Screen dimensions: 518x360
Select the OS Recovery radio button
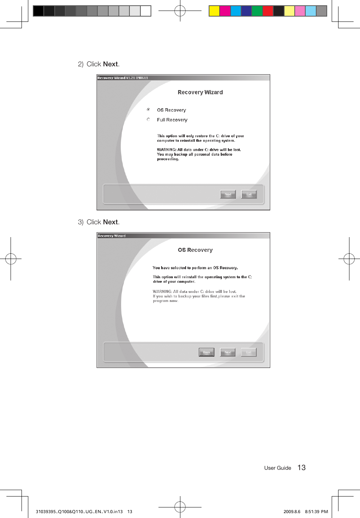(x=148, y=110)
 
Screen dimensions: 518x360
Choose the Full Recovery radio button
(x=148, y=120)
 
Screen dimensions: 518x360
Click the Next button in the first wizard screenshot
(x=228, y=194)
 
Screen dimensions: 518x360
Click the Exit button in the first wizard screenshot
(x=249, y=194)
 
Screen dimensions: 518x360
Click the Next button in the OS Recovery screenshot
(x=228, y=352)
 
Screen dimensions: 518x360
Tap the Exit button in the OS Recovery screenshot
(x=249, y=352)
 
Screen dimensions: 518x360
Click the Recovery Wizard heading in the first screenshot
(x=200, y=92)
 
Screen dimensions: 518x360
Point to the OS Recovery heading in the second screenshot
(x=195, y=250)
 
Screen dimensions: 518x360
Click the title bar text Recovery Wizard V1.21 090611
(x=123, y=78)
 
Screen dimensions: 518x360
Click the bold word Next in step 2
(x=110, y=64)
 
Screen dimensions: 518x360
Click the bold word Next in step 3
(x=110, y=222)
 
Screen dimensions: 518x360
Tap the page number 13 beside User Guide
(x=302, y=467)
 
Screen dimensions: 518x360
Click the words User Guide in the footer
(x=277, y=468)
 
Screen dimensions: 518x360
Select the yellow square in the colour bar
(x=214, y=11)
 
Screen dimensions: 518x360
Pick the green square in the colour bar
(x=257, y=11)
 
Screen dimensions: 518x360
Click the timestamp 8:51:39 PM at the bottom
(x=316, y=512)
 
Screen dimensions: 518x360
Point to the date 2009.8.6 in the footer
(x=292, y=512)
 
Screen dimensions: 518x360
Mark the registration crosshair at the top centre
(x=180, y=11)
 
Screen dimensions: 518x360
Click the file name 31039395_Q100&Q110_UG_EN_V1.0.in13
(x=79, y=512)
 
